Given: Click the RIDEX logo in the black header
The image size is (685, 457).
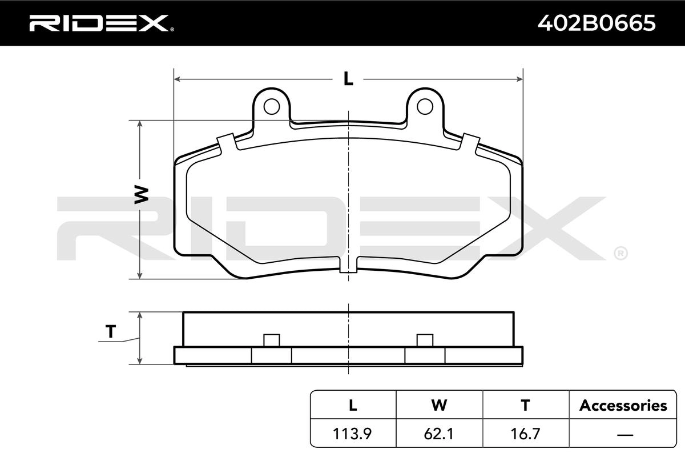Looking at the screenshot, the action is click(x=102, y=23).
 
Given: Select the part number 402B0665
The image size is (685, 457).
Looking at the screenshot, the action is click(x=597, y=23).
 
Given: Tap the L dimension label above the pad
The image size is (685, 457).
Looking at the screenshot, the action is click(x=348, y=79).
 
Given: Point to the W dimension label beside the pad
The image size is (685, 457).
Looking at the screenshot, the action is click(x=142, y=195).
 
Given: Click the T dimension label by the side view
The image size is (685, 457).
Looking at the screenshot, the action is click(x=111, y=331).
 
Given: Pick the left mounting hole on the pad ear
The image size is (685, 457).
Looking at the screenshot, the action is click(x=272, y=106).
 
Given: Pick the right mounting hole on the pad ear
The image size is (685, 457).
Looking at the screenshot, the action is click(x=425, y=106).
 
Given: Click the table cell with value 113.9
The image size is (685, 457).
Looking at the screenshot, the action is click(x=352, y=434).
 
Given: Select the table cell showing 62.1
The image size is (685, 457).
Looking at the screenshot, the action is click(x=439, y=434).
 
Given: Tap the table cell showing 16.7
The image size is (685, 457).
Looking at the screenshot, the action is click(x=525, y=434).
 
